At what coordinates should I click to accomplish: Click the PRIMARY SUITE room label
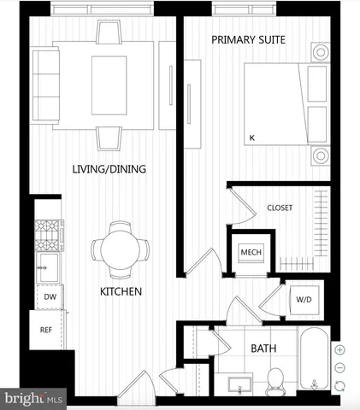248,40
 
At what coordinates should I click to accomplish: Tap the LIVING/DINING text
109,169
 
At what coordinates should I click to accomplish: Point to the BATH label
262,348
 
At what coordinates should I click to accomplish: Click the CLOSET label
280,208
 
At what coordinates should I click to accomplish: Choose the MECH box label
250,253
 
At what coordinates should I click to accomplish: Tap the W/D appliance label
304,300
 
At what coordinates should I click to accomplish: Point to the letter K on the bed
251,137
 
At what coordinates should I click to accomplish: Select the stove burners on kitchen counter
46,231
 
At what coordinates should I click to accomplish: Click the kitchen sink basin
46,262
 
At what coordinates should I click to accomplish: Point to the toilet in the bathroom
275,382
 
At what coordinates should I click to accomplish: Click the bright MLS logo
33,399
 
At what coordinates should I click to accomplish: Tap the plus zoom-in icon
340,349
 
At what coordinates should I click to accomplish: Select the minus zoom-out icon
340,366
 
